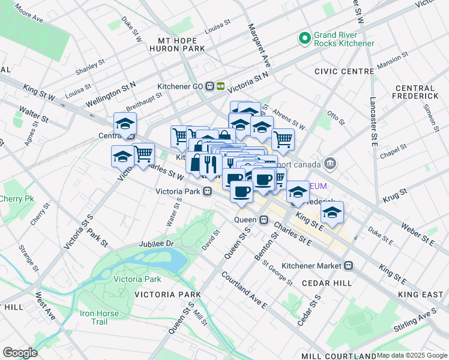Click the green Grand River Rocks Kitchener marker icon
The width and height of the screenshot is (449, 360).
coord(305,38)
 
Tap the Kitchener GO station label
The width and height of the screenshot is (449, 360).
coord(180,86)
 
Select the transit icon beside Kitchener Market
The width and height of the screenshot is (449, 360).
coord(348,265)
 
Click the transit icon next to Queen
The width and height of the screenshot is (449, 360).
coord(264,220)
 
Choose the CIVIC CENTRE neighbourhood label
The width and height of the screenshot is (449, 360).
coord(343,71)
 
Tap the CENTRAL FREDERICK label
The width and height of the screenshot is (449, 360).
coord(415,92)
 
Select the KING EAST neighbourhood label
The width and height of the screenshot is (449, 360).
coord(420,294)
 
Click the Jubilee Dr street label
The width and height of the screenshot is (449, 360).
coord(155,244)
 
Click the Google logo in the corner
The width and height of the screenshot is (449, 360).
coord(20,352)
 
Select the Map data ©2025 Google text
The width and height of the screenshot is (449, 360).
coord(411,355)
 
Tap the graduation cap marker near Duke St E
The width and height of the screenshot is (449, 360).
coord(332,211)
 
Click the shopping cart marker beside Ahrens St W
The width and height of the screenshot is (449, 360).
coord(283,139)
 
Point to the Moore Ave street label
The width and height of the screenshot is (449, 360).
coord(29,15)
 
